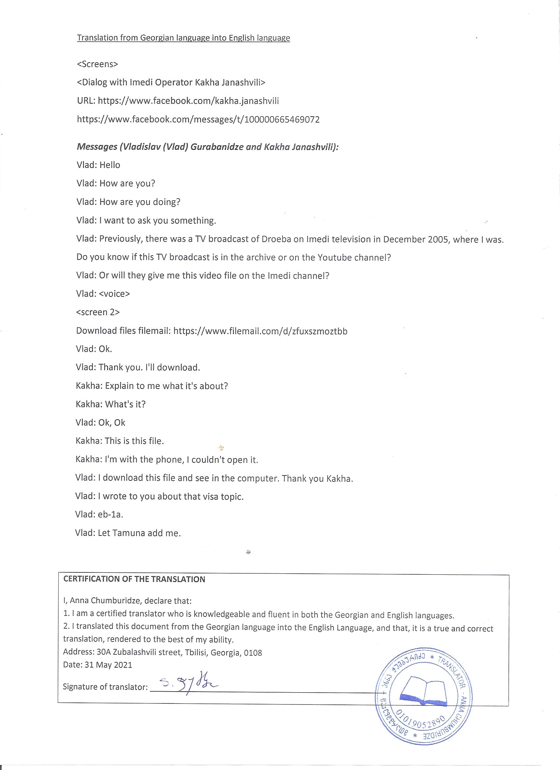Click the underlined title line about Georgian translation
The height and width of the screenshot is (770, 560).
[183, 38]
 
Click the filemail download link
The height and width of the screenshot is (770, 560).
[260, 331]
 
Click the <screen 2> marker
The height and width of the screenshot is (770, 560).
[98, 312]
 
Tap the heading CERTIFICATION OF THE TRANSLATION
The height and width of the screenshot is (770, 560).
[134, 580]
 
